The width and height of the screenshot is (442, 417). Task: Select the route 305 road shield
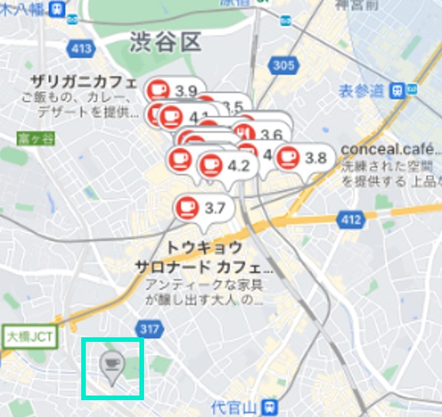[x=283, y=65]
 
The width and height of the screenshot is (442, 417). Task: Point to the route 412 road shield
[x=350, y=221]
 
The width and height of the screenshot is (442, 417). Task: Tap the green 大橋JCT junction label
[x=28, y=336]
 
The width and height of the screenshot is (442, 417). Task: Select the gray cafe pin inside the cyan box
[x=113, y=366]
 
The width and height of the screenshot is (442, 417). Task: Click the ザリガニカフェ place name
[x=83, y=82]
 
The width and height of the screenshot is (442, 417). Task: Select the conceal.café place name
[x=389, y=149]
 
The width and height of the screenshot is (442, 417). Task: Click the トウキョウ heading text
[x=205, y=248]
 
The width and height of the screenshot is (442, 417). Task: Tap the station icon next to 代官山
[x=268, y=405]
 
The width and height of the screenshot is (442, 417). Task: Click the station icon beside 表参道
[x=397, y=90]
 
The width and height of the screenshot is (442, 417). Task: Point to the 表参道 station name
[x=363, y=90]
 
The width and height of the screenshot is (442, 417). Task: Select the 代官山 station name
[x=235, y=406]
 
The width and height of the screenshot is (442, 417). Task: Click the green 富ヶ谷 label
[x=27, y=139]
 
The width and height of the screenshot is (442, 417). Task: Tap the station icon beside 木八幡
[x=55, y=8]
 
